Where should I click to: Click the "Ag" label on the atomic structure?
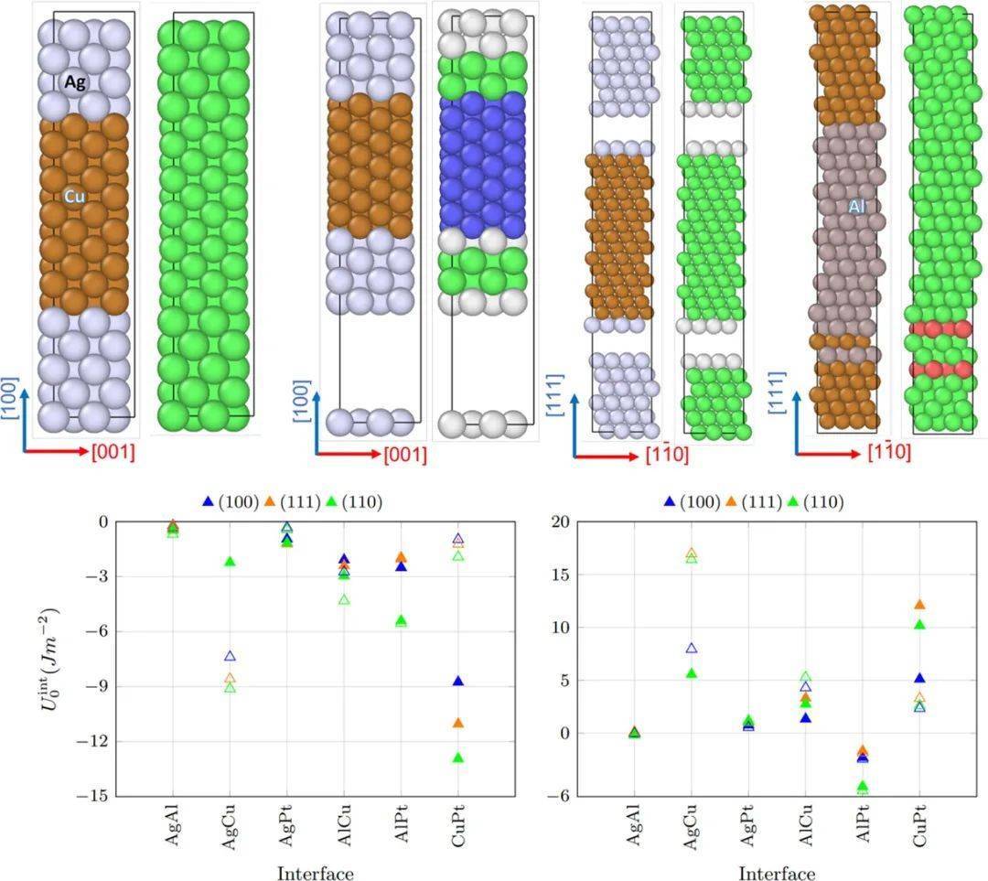tap(75, 81)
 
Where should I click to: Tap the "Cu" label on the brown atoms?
tap(75, 196)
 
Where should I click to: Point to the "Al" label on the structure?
tap(856, 208)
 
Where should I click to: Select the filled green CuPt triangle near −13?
tap(457, 757)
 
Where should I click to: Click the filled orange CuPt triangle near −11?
tap(457, 723)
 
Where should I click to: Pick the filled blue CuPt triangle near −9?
tap(457, 682)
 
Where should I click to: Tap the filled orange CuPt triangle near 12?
tap(919, 605)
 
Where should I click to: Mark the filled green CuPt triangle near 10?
tap(919, 625)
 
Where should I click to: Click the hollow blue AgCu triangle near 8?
tap(692, 648)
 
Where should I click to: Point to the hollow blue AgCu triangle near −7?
tap(230, 656)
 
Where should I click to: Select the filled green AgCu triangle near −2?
tap(230, 562)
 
